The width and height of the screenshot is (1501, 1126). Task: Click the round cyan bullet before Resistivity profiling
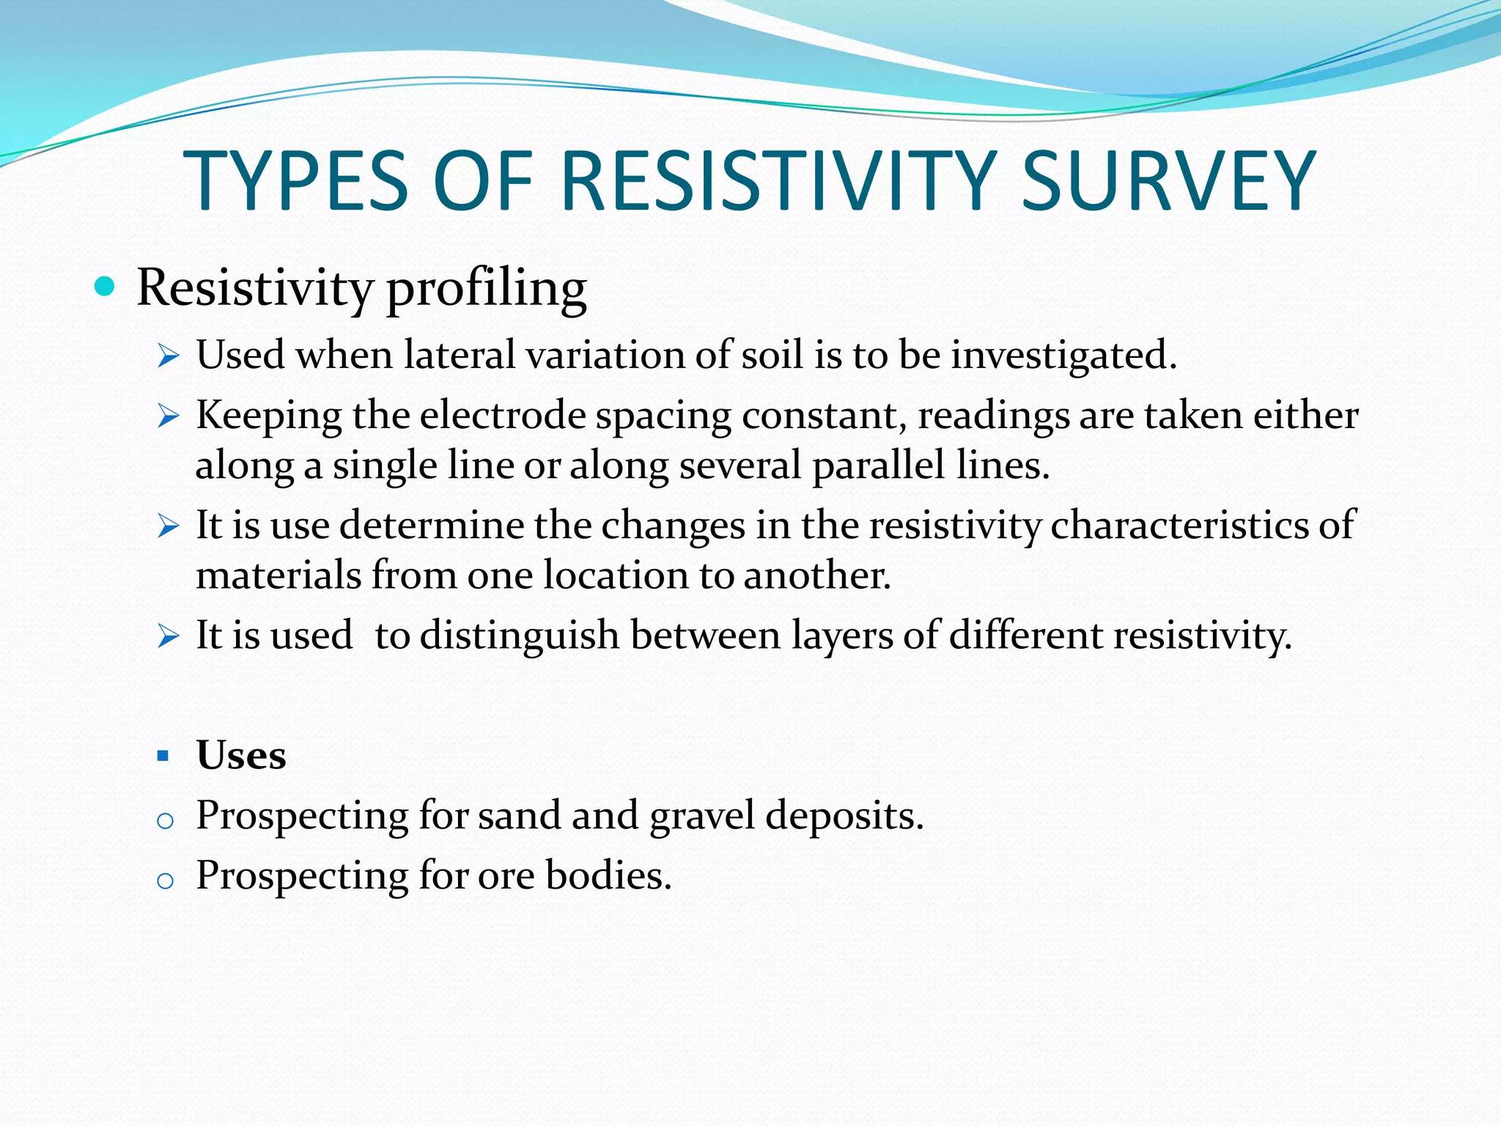[x=106, y=286]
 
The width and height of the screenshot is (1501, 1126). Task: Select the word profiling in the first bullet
[x=487, y=288]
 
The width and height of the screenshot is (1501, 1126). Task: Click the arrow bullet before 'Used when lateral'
[x=169, y=357]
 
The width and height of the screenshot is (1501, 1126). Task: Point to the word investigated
[x=1063, y=356]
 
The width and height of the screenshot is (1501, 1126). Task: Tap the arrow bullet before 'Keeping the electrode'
[x=169, y=417]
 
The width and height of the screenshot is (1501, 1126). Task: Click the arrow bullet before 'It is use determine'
[x=169, y=526]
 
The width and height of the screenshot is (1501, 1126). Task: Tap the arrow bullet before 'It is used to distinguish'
[x=169, y=636]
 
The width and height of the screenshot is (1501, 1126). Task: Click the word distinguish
[x=520, y=636]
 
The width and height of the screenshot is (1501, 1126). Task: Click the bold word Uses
[x=241, y=754]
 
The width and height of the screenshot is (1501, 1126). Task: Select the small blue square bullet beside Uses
[x=163, y=755]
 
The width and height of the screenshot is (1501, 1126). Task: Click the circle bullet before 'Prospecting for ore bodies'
[x=165, y=880]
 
